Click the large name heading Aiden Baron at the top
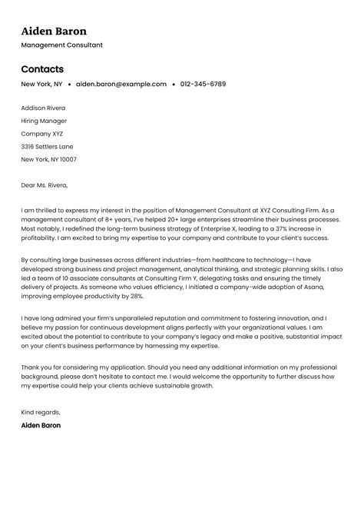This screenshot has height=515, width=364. (54, 32)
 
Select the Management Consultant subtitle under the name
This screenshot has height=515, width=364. (61, 45)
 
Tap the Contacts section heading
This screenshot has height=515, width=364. (42, 68)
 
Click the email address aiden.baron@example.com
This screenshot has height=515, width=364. (121, 84)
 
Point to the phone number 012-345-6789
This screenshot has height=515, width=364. (203, 84)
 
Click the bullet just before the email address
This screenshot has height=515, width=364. (70, 84)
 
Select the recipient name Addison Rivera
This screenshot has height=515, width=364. (43, 108)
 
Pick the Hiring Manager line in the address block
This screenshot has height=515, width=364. (44, 121)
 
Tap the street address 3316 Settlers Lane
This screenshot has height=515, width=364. (48, 146)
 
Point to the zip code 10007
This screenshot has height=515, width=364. (68, 159)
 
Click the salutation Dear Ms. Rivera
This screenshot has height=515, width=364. (45, 184)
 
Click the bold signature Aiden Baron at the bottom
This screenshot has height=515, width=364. (41, 424)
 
